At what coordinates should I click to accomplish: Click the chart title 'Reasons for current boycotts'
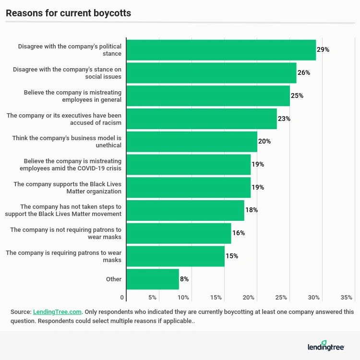pyautogui.click(x=68, y=13)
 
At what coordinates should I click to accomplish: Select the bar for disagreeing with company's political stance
pyautogui.click(x=221, y=50)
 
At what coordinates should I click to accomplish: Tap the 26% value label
pyautogui.click(x=304, y=72)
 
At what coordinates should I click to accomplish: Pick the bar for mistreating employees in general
pyautogui.click(x=208, y=96)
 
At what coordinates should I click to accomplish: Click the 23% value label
pyautogui.click(x=284, y=119)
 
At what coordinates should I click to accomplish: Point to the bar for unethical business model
pyautogui.click(x=192, y=142)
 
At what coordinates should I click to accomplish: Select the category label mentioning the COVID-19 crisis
pyautogui.click(x=70, y=165)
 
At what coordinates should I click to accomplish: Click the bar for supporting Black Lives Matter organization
pyautogui.click(x=188, y=187)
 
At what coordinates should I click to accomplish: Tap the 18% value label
pyautogui.click(x=252, y=210)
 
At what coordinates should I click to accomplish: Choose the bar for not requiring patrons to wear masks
pyautogui.click(x=179, y=233)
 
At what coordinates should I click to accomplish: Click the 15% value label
pyautogui.click(x=232, y=256)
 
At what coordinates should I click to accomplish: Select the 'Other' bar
pyautogui.click(x=153, y=279)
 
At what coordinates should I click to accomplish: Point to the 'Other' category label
pyautogui.click(x=114, y=279)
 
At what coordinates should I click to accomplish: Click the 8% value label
pyautogui.click(x=184, y=279)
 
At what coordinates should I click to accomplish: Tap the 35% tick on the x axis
pyautogui.click(x=347, y=298)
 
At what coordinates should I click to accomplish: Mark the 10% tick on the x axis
pyautogui.click(x=184, y=298)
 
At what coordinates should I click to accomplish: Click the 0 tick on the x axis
pyautogui.click(x=122, y=298)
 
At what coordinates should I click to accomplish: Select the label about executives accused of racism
pyautogui.click(x=63, y=119)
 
